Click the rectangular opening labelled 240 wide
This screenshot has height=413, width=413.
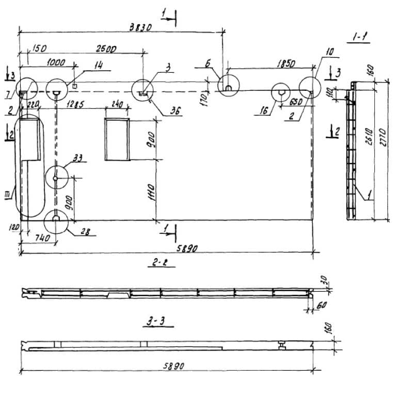tap(117, 139)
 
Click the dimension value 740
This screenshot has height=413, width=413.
tap(41, 238)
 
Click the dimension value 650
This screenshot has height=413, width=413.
tap(295, 102)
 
